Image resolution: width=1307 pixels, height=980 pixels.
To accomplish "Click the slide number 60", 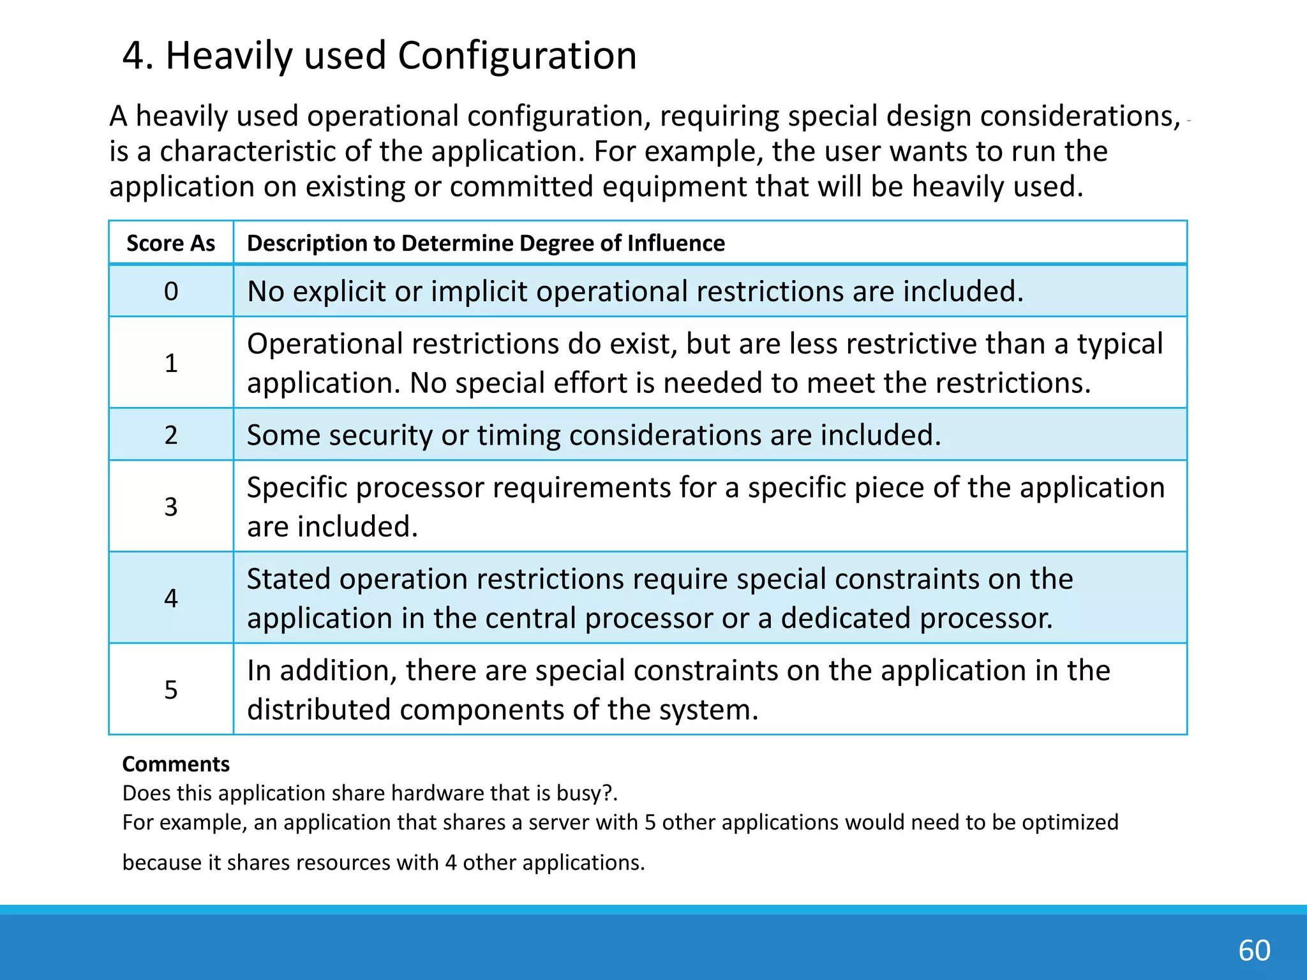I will click(x=1254, y=951).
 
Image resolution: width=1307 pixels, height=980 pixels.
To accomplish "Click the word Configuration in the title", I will click(x=517, y=56).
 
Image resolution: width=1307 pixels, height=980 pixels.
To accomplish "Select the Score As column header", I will click(x=170, y=243).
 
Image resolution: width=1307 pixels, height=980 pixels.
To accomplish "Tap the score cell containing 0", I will click(x=170, y=292).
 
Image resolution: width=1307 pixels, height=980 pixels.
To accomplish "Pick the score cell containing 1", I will click(x=170, y=363).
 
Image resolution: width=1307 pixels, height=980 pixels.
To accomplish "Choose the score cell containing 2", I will click(x=170, y=435).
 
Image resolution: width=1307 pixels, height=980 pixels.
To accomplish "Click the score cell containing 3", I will click(x=170, y=507).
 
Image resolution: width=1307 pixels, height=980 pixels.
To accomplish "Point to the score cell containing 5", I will click(x=170, y=690).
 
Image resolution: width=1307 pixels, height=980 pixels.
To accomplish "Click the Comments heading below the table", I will click(x=176, y=764).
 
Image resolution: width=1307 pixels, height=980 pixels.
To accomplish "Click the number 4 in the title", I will click(x=133, y=56).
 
